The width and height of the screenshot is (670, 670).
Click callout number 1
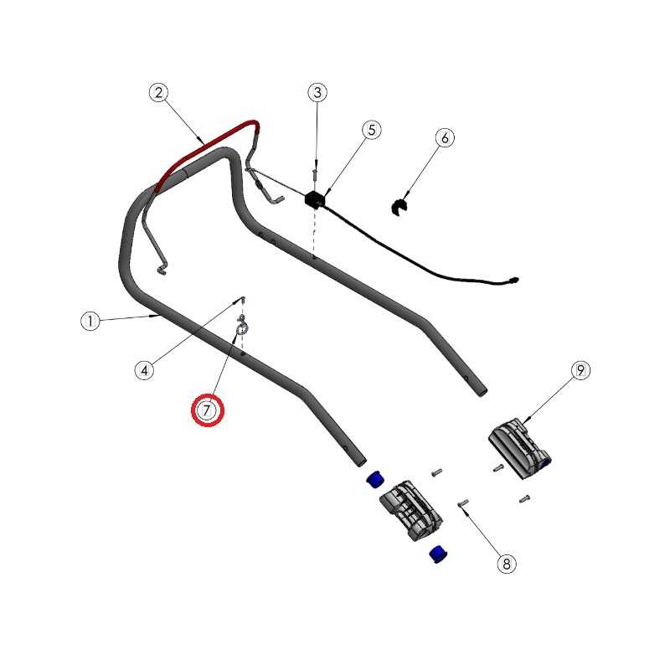pos(90,321)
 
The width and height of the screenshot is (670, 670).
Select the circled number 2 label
pos(159,92)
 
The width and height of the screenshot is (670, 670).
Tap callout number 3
pos(317,92)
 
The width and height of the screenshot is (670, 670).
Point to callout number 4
pos(144,370)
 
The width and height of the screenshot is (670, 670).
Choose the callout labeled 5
pos(371,130)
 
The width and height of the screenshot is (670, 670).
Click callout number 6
pos(445,137)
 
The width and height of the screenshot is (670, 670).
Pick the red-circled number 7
pos(207,410)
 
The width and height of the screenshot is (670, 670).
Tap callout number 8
pos(507,564)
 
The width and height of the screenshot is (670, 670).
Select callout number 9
pos(580,370)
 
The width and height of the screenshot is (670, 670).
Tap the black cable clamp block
pos(316,200)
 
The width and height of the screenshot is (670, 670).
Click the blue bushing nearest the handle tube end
pos(374,479)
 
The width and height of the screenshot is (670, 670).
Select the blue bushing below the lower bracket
pos(438,554)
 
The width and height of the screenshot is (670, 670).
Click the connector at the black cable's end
pos(513,281)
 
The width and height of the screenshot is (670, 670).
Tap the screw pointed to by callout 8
pos(463,503)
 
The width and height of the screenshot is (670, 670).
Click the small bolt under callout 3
pos(315,173)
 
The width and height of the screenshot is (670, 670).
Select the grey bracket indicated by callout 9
pos(519,448)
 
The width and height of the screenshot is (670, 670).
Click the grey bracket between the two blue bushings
pos(411,510)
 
